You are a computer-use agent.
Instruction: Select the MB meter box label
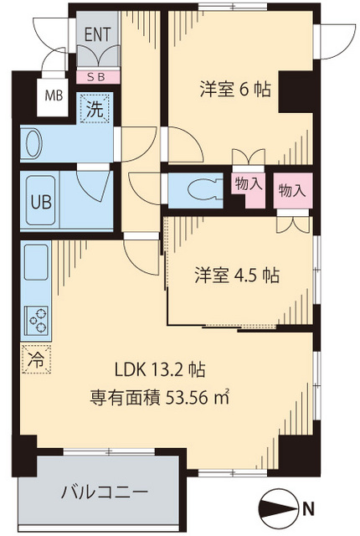(52, 94)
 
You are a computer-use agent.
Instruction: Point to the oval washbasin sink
(33, 144)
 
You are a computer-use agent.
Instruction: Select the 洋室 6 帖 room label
(234, 89)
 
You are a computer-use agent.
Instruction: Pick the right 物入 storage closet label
(291, 190)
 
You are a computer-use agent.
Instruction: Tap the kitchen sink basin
(37, 264)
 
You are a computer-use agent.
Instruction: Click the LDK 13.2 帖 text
(161, 369)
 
